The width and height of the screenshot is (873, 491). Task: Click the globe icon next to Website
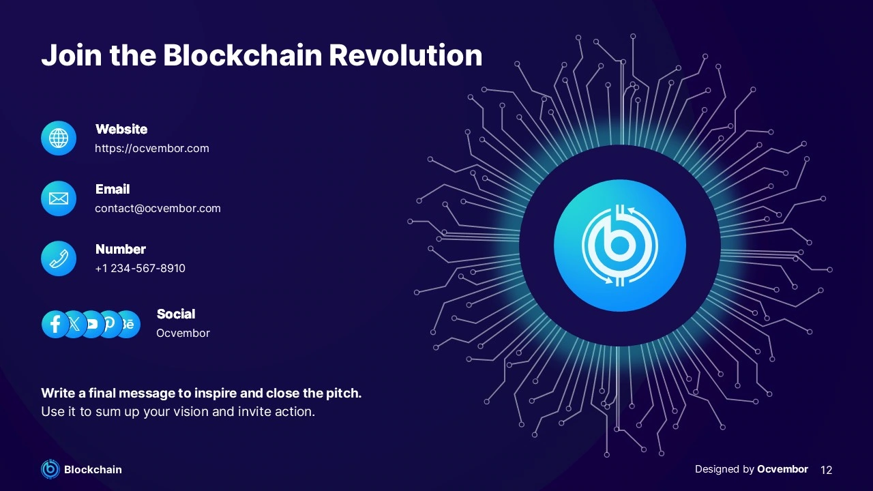coord(59,138)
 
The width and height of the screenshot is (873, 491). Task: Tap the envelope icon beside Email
coord(59,198)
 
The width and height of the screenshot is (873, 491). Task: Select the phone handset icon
coord(59,258)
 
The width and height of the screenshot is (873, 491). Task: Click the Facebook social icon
coord(55,324)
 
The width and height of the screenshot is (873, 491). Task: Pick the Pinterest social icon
coord(108,324)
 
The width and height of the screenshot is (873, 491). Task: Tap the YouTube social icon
coord(92,324)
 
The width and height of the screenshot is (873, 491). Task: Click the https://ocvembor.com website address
coord(152,149)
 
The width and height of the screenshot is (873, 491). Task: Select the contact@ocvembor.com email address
coord(158,209)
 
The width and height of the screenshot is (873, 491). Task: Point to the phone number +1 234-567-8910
coord(140,269)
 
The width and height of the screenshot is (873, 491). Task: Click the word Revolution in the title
coord(406,55)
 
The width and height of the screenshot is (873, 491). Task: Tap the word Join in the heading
coord(72,55)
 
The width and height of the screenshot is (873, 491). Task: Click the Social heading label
coord(176,314)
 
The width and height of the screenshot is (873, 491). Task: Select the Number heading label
coord(121,250)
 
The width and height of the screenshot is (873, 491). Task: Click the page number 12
coord(826,470)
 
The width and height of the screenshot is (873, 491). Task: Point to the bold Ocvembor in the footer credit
coord(782,469)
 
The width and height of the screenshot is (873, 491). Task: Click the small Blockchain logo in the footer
coord(50,468)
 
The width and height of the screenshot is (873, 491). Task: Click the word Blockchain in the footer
coord(93,470)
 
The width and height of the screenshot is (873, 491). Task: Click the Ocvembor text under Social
coord(183,333)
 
